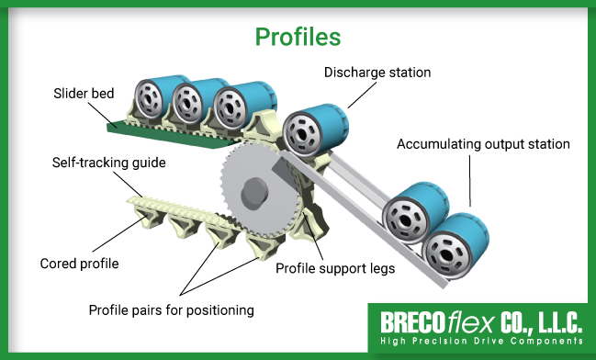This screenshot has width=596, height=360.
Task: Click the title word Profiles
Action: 298,37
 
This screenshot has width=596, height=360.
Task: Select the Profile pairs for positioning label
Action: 171,309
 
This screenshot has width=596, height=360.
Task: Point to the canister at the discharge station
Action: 311,129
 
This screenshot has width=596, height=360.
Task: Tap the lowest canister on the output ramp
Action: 452,245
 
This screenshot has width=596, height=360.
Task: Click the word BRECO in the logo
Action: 411,324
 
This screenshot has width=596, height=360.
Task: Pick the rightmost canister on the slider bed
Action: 238,104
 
